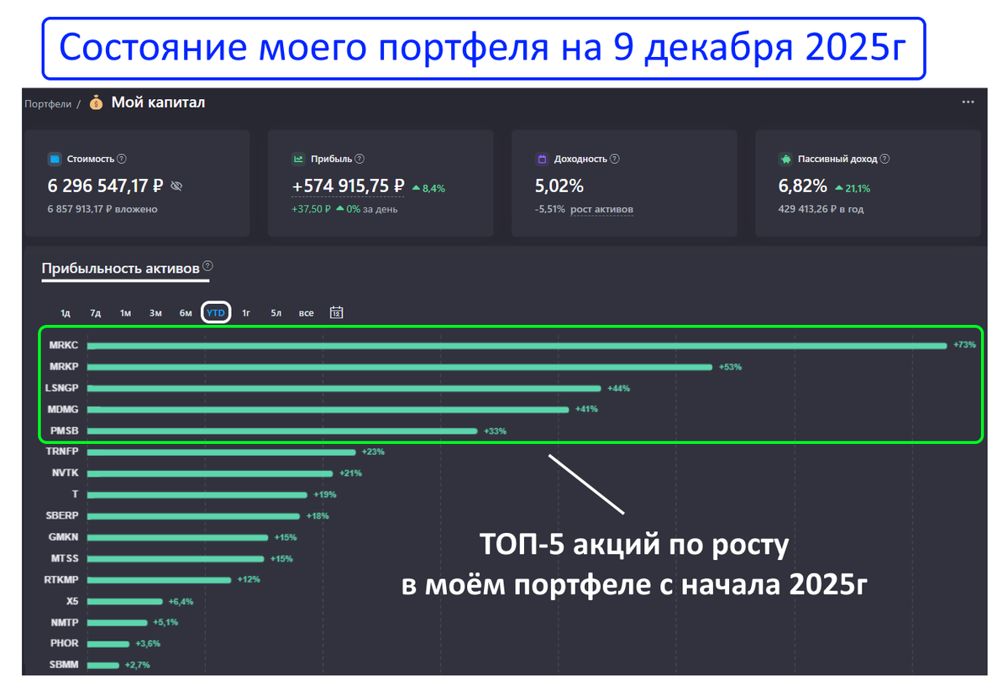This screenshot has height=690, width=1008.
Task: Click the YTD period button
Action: [216, 313]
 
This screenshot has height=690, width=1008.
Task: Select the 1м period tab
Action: [125, 313]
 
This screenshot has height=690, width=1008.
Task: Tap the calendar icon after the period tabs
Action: [337, 312]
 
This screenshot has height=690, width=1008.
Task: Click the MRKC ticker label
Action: [64, 345]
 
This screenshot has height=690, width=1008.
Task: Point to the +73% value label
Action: [964, 345]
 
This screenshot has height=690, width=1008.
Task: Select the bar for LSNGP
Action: [344, 389]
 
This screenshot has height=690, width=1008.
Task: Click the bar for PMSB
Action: [282, 431]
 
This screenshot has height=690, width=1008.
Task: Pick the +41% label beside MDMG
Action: [585, 410]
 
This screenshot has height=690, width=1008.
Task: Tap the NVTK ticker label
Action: [65, 473]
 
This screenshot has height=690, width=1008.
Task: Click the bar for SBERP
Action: [193, 516]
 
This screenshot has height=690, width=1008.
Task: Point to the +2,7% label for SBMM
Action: [137, 666]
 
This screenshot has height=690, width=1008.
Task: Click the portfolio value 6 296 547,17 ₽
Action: [105, 186]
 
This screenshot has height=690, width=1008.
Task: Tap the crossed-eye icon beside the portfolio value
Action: [176, 186]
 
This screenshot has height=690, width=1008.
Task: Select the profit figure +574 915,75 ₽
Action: [349, 186]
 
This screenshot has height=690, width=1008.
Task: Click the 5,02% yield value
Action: [559, 186]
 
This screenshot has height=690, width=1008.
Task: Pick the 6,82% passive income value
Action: [803, 186]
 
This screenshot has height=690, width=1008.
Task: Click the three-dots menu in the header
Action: [969, 102]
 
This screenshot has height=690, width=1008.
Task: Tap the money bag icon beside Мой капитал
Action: [97, 102]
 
